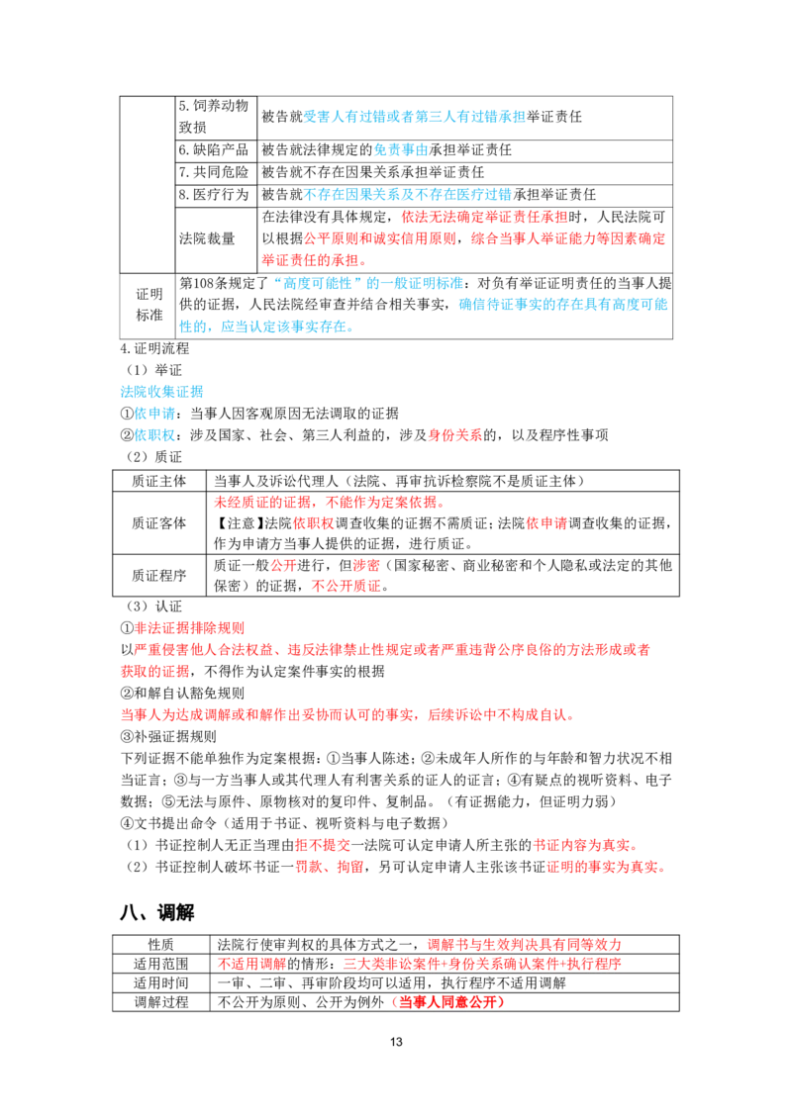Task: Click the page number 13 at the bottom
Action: point(396,1042)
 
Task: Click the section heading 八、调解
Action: point(157,912)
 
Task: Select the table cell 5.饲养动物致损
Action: point(214,117)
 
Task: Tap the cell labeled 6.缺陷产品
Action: point(214,150)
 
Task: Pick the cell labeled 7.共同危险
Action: point(214,172)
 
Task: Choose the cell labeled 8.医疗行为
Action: point(214,194)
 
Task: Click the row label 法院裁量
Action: point(207,238)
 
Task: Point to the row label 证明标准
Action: point(149,305)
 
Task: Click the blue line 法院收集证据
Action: point(161,392)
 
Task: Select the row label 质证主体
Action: point(158,481)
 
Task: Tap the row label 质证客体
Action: point(158,522)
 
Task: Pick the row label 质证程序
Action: point(158,575)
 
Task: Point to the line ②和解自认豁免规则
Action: point(182,693)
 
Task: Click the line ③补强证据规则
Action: point(168,736)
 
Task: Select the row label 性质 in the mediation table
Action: point(160,944)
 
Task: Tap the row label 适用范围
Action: point(160,964)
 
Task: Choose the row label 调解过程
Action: point(160,1002)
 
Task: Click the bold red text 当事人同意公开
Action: point(447,1002)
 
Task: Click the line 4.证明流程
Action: point(154,348)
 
